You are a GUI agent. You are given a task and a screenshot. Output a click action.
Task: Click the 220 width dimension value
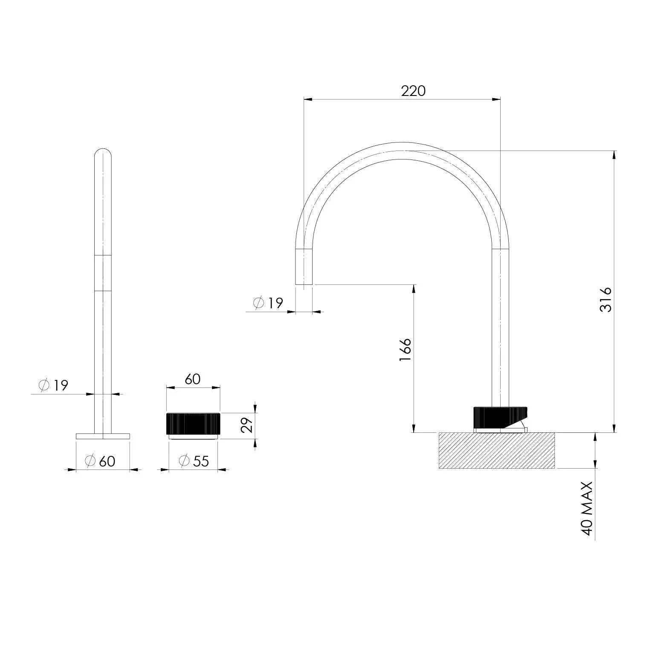[413, 91]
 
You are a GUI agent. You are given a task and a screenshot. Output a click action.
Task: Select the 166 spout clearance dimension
[405, 350]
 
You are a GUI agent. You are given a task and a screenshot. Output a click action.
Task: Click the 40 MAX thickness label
[588, 508]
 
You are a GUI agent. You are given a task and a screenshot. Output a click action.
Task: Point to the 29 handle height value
[247, 425]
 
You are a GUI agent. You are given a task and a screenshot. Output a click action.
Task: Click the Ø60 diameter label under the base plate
[100, 461]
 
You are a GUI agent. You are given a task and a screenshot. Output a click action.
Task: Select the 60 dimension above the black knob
[193, 379]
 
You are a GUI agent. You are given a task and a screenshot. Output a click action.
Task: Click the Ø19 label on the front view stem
[53, 385]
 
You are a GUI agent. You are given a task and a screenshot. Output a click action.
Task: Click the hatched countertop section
[497, 450]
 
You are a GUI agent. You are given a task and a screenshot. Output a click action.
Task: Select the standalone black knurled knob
[193, 424]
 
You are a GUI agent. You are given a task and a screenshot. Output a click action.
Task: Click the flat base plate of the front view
[103, 436]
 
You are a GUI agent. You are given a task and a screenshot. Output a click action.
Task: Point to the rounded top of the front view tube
[103, 153]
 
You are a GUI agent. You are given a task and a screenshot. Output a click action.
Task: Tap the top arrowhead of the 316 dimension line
[614, 154]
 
